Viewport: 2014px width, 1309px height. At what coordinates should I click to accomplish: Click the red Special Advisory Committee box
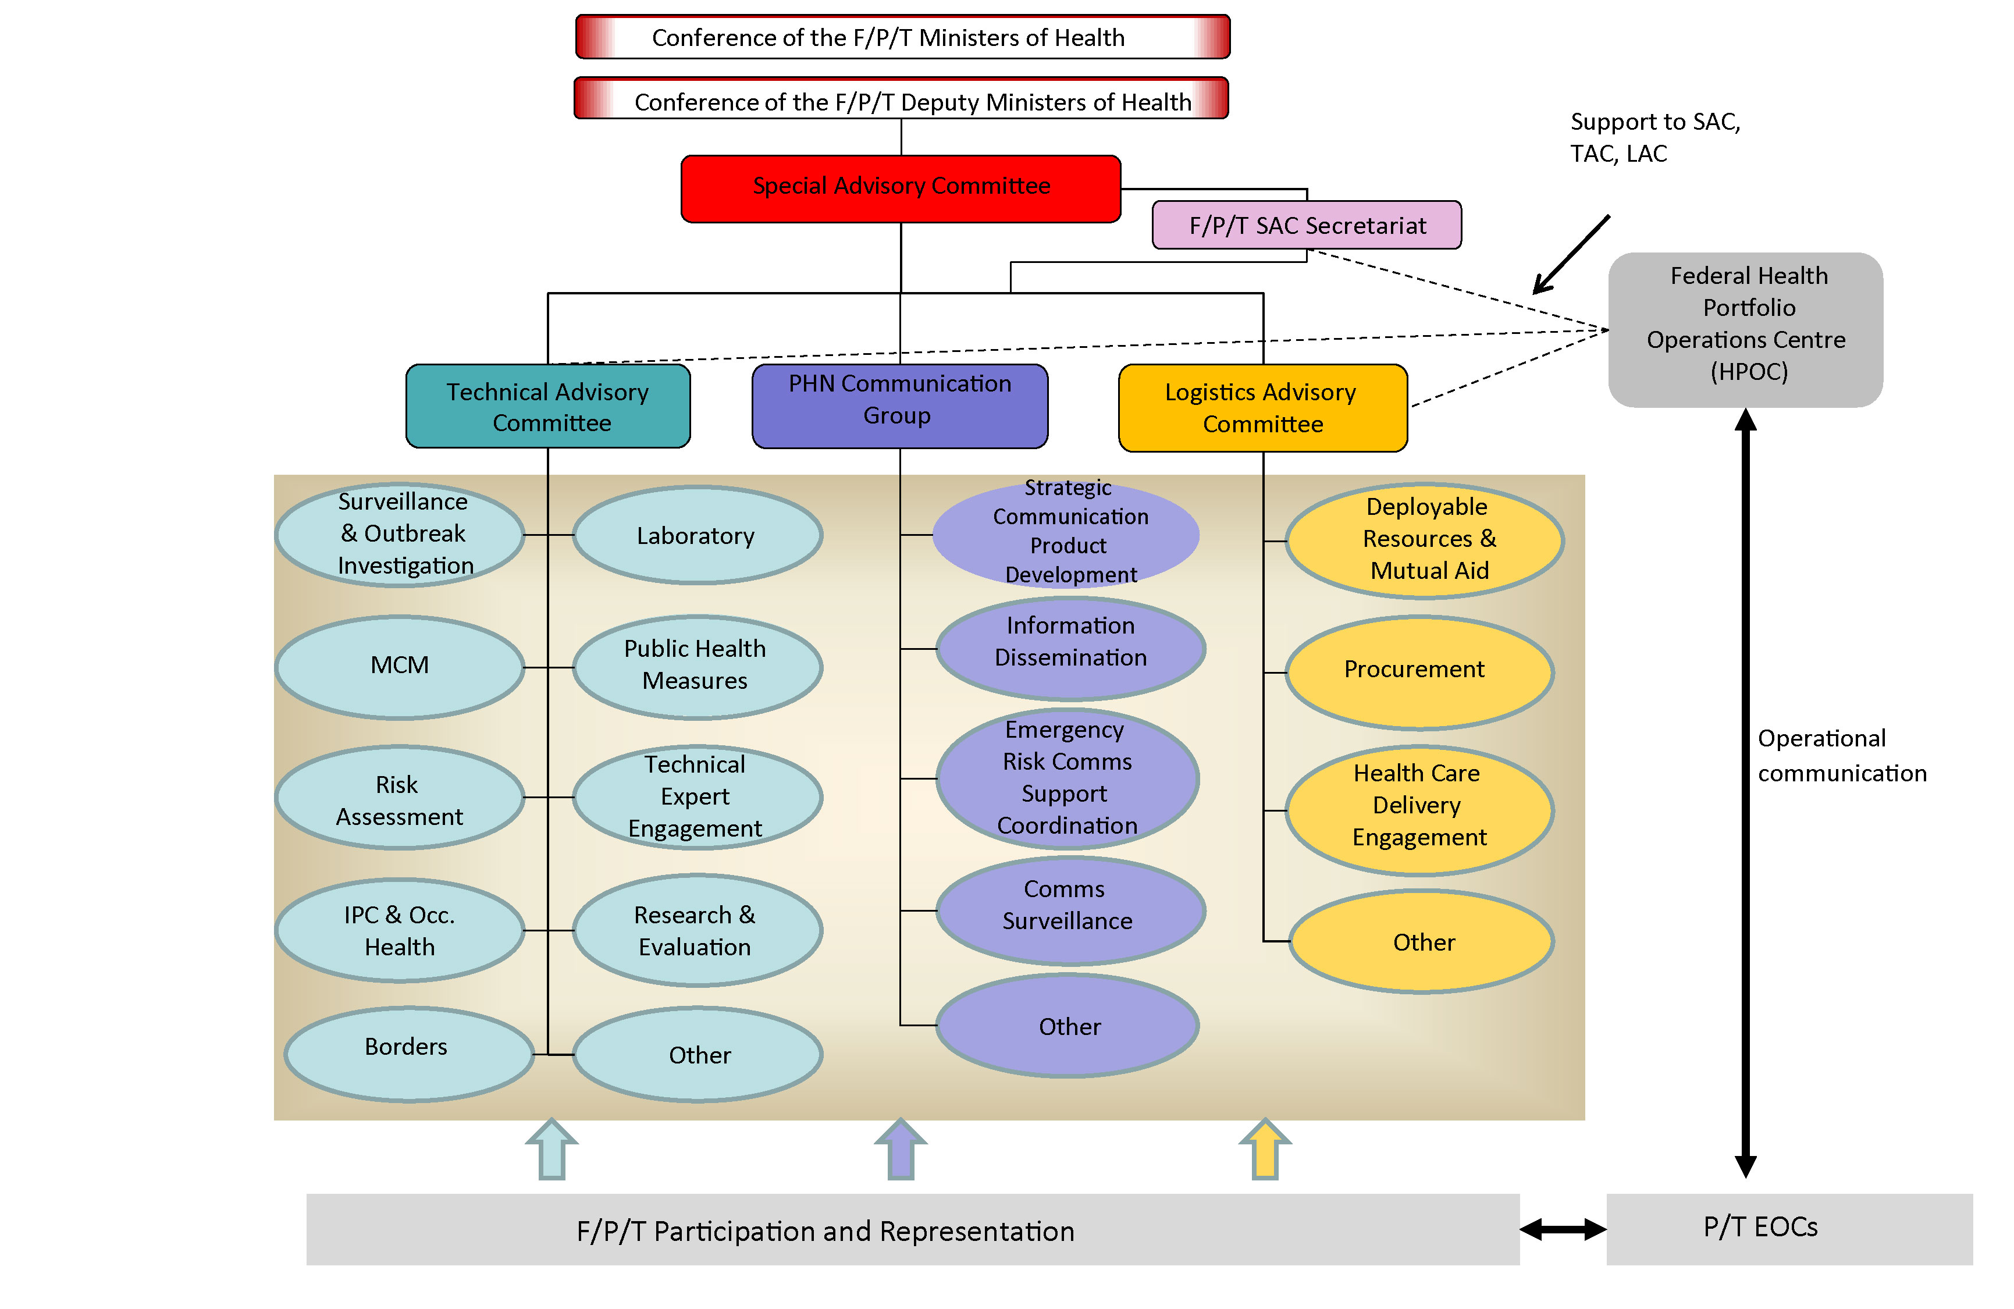click(901, 188)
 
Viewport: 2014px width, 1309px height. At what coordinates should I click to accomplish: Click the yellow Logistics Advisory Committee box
click(1262, 408)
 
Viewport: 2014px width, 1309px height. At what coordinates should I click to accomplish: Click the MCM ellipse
click(400, 666)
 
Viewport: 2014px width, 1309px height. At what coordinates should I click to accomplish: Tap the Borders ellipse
click(407, 1052)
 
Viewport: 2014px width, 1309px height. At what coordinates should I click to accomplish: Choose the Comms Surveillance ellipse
click(1070, 910)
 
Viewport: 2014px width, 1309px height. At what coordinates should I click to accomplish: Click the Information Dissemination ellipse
click(1070, 648)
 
